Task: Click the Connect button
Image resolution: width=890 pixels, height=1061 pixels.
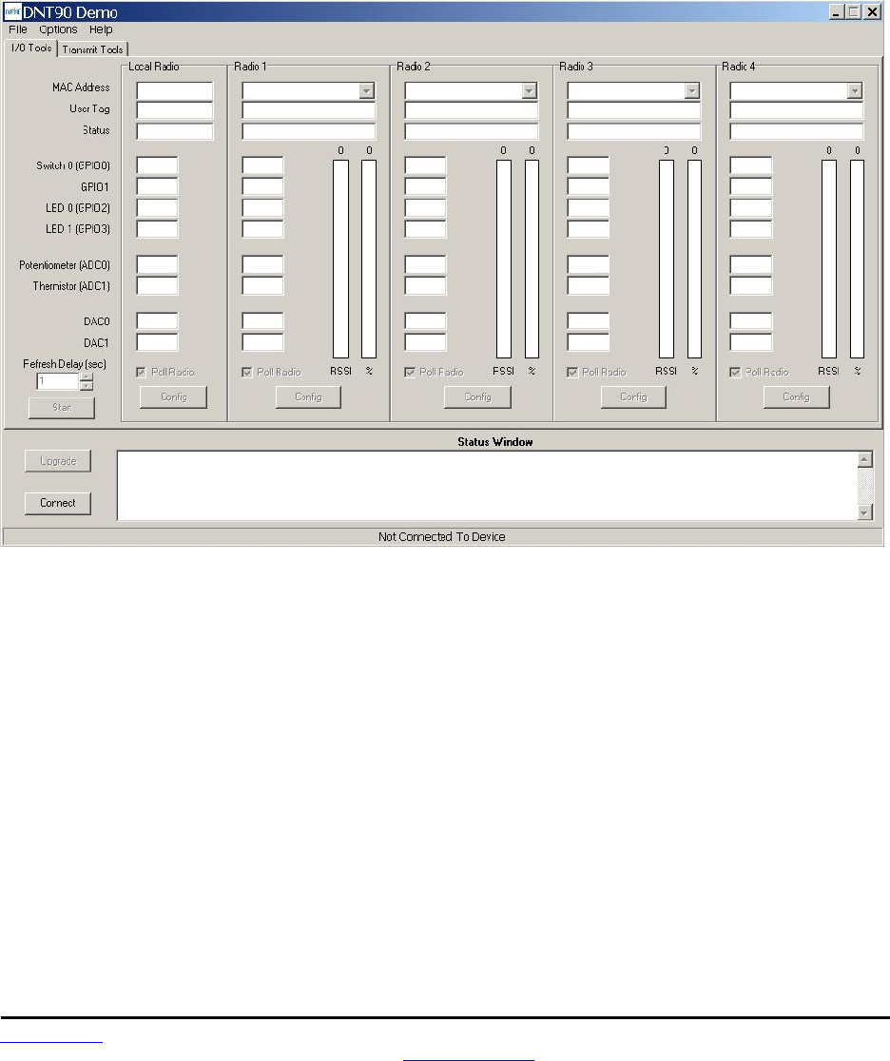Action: (x=58, y=503)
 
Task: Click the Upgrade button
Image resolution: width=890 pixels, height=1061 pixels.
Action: (x=58, y=461)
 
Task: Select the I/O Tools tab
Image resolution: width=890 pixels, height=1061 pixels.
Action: (x=31, y=48)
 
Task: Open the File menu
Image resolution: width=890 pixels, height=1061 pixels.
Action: (x=18, y=29)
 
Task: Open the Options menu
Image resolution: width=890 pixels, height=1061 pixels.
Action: (x=58, y=29)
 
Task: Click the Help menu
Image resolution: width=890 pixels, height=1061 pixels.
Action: (x=101, y=29)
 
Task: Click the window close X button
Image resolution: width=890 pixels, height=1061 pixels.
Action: (x=871, y=12)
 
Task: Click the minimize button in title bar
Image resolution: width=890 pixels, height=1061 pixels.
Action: (x=837, y=12)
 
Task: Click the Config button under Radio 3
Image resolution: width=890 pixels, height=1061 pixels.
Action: (x=633, y=397)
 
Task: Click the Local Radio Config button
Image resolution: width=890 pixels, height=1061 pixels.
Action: (x=173, y=397)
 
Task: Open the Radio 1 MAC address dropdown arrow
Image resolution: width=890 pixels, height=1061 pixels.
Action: (x=366, y=90)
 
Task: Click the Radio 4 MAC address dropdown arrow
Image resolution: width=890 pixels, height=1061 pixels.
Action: (x=854, y=90)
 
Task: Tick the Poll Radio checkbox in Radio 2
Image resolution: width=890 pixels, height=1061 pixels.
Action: (x=410, y=372)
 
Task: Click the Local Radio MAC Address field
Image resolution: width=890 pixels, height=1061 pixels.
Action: (x=175, y=90)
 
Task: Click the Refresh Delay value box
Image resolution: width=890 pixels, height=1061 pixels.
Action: (x=57, y=381)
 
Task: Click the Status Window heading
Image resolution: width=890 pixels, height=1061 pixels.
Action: (x=495, y=442)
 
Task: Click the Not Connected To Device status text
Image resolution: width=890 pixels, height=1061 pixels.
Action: (x=442, y=537)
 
